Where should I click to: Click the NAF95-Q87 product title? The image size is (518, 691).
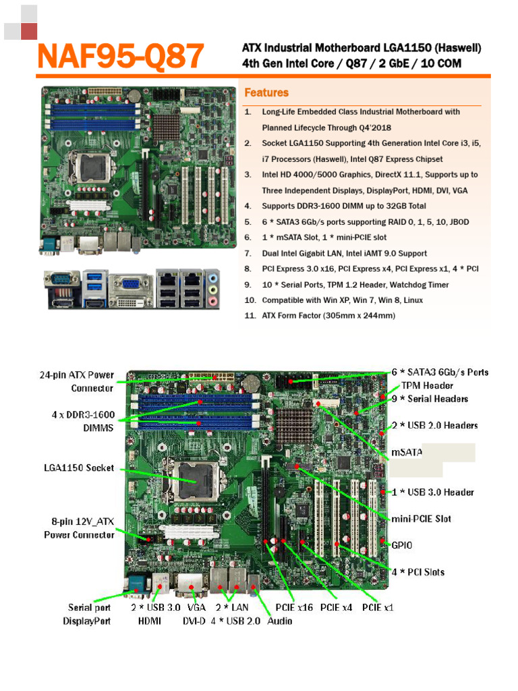pyautogui.click(x=120, y=57)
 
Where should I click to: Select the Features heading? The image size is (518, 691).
pyautogui.click(x=266, y=92)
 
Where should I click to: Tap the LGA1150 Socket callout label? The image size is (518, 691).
pyautogui.click(x=80, y=468)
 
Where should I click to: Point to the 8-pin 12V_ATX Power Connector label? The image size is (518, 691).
pyautogui.click(x=79, y=528)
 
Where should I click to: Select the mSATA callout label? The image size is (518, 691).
pyautogui.click(x=407, y=452)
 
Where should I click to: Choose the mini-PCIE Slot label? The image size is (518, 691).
pyautogui.click(x=422, y=519)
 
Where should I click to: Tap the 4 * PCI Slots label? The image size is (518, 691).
pyautogui.click(x=418, y=572)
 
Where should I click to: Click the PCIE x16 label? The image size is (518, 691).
pyautogui.click(x=294, y=607)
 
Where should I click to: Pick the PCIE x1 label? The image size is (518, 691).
pyautogui.click(x=377, y=607)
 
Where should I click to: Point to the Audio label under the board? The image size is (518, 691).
pyautogui.click(x=280, y=621)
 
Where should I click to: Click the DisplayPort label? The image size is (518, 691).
pyautogui.click(x=87, y=621)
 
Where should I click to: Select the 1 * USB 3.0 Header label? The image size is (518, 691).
pyautogui.click(x=432, y=492)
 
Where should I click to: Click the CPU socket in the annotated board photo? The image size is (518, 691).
pyautogui.click(x=196, y=479)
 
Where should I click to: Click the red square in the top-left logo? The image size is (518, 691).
pyautogui.click(x=28, y=32)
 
